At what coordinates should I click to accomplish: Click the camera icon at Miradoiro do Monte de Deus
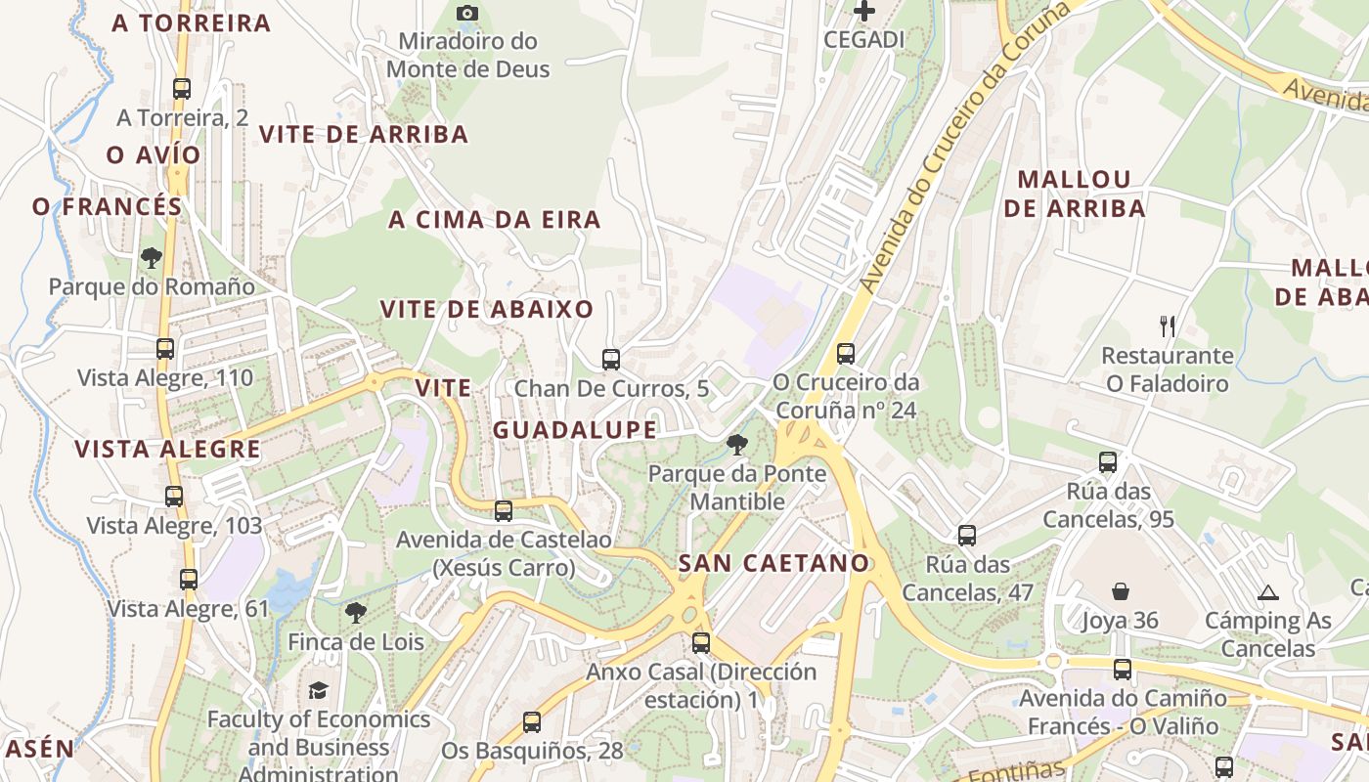coord(467,13)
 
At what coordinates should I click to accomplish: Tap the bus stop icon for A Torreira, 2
coord(181,89)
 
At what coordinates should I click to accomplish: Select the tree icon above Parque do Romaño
coord(152,258)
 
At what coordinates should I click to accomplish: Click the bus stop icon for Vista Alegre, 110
coord(165,349)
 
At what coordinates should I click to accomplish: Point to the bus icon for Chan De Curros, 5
coord(611,360)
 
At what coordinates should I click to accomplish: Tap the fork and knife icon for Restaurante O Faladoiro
coord(1167,326)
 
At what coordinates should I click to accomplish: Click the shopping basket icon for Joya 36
coord(1121,591)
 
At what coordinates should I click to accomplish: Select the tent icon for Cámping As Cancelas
coord(1268,591)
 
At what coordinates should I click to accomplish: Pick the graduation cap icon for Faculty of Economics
coord(319,691)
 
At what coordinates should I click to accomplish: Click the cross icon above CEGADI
coord(864,12)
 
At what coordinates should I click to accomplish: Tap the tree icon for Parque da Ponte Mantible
coord(737,446)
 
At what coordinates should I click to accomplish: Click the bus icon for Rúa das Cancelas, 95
coord(1108,462)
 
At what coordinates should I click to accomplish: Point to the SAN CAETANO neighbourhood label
coord(773,563)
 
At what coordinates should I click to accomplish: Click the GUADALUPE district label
coord(575,430)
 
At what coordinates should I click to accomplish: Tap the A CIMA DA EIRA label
coord(495,220)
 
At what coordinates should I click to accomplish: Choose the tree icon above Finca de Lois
coord(356,614)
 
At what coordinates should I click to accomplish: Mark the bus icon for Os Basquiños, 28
coord(531,722)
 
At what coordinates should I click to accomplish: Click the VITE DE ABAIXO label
coord(487,310)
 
